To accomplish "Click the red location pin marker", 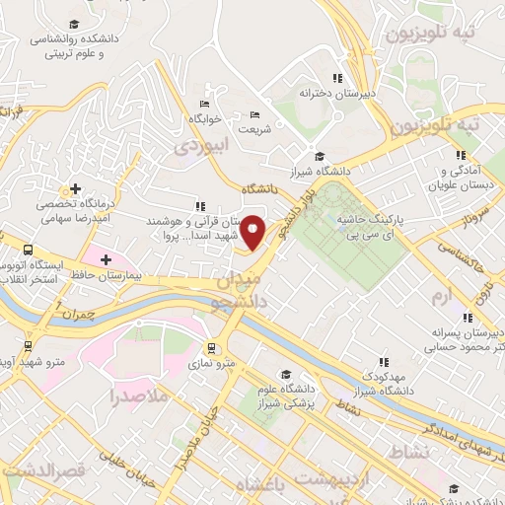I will point(252,232).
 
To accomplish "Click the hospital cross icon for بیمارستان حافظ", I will point(106,258).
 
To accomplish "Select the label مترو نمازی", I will point(214,364).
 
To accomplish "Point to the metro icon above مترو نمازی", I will point(212,347).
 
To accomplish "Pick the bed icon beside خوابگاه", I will point(204,104).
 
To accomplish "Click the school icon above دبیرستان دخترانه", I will point(336,77).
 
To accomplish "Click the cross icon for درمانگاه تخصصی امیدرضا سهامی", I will point(75,187).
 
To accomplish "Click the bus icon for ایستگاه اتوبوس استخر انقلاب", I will point(28,251).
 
